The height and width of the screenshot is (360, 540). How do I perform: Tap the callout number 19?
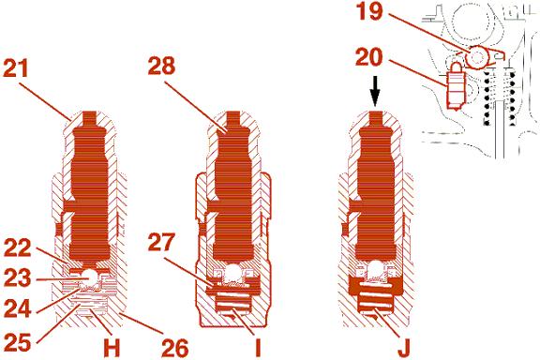pyautogui.click(x=369, y=11)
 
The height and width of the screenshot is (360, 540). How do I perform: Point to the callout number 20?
pyautogui.click(x=369, y=57)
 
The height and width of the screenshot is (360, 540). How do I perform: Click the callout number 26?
pyautogui.click(x=174, y=348)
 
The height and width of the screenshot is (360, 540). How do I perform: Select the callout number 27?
pyautogui.click(x=162, y=242)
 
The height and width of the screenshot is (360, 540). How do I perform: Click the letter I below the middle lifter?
pyautogui.click(x=258, y=347)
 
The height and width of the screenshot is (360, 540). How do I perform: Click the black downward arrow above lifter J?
pyautogui.click(x=375, y=91)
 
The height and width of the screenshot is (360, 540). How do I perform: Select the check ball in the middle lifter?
pyautogui.click(x=232, y=272)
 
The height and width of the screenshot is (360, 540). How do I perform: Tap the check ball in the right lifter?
pyautogui.click(x=376, y=269)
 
